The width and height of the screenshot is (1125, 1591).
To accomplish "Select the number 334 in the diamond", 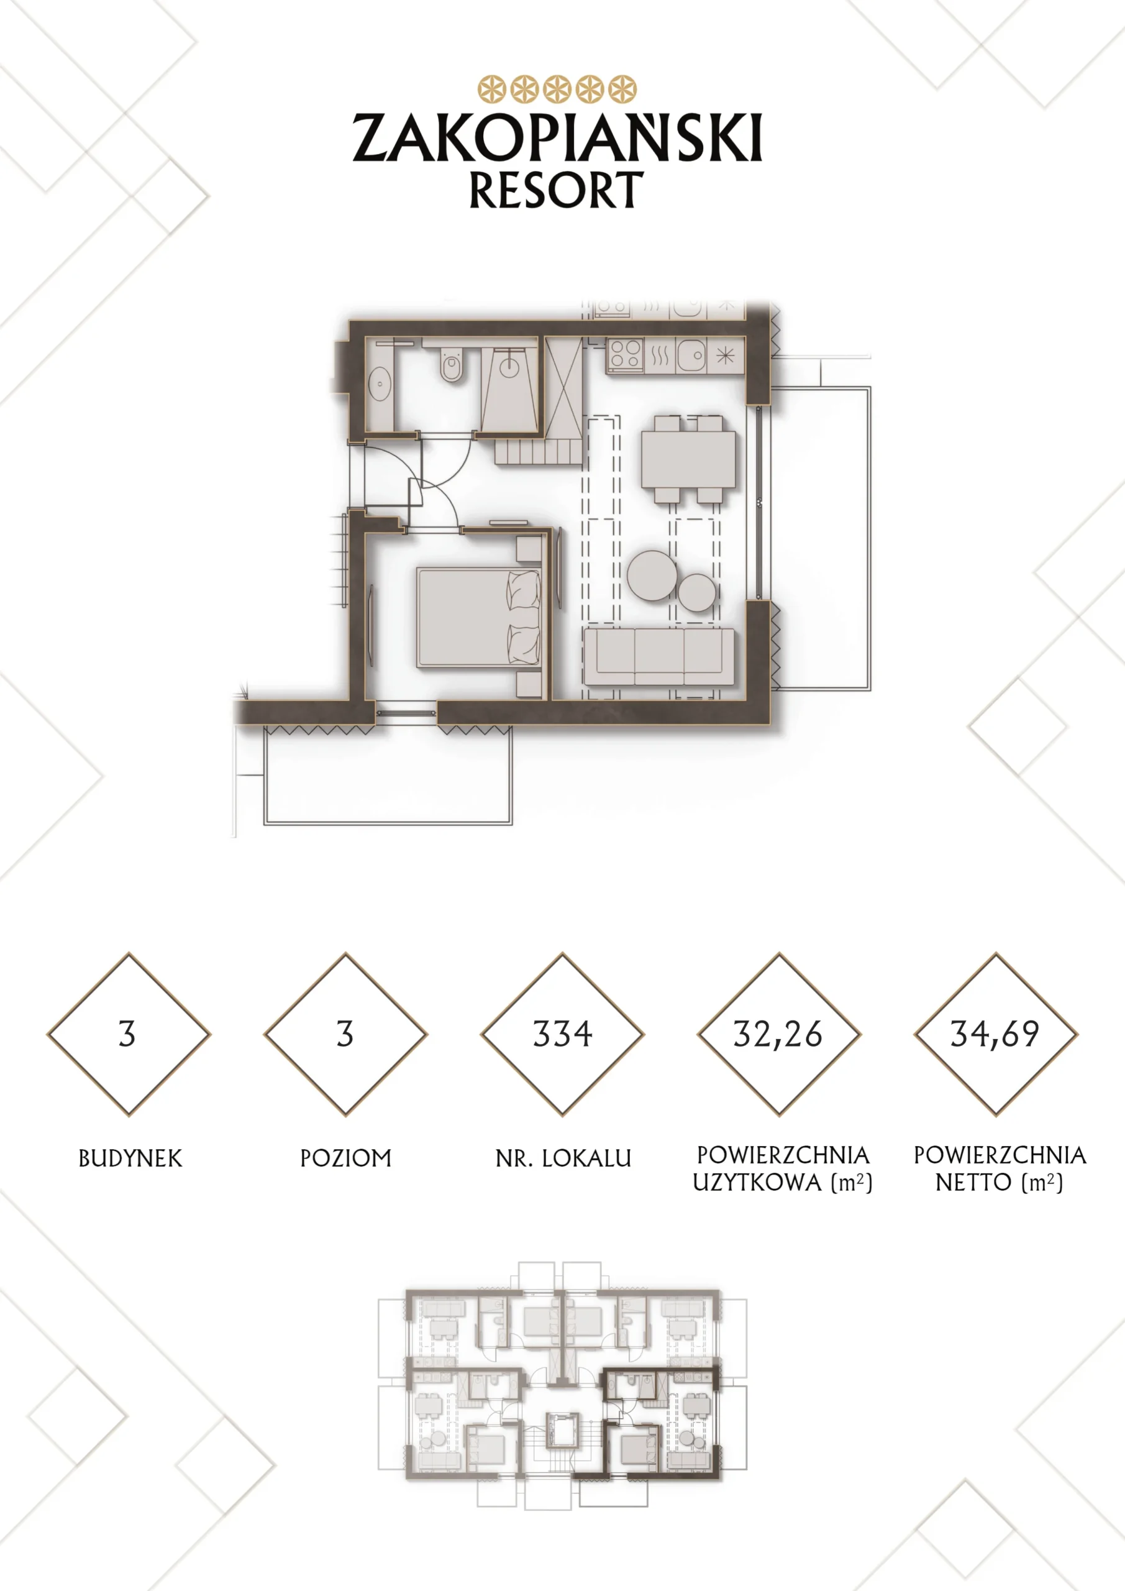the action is coord(563,1034).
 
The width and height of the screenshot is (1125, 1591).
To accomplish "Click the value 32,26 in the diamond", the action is coord(778,1035).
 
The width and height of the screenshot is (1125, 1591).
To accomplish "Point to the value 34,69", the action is coord(995,1035).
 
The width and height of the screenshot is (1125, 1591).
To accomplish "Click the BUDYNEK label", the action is coord(130,1158).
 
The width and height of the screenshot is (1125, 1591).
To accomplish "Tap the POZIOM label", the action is coord(345,1158).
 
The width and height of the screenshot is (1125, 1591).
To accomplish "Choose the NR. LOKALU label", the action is coord(563,1158).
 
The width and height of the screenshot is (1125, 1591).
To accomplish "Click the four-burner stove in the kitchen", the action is coord(625,355).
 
